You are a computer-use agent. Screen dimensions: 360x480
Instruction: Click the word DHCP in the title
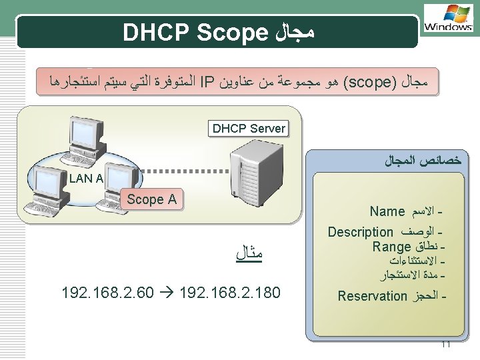point(157,32)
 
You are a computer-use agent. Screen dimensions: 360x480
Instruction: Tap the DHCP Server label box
point(249,128)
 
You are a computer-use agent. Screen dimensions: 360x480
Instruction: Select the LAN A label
point(86,178)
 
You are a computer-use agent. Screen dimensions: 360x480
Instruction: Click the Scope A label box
point(151,199)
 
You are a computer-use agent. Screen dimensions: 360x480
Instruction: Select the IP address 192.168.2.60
point(107,293)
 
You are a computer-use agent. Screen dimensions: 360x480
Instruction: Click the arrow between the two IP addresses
point(165,293)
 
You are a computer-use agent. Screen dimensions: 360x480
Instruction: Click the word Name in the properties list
point(387,212)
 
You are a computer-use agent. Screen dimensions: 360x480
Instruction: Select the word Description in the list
point(360,232)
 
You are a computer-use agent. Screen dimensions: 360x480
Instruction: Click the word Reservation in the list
point(372,296)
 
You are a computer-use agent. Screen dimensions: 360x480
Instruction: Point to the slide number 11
point(445,345)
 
